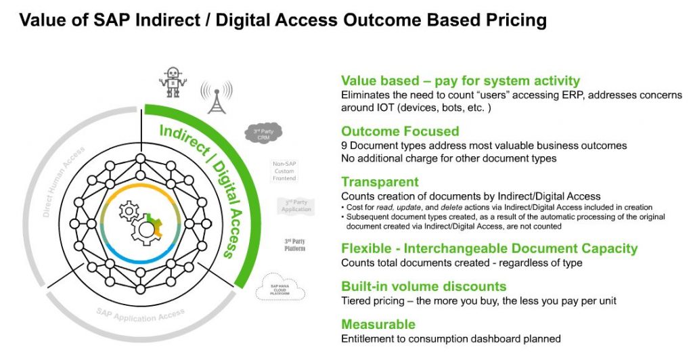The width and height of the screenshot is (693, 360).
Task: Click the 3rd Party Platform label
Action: (x=294, y=245)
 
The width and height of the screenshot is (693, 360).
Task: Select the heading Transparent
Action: (x=380, y=181)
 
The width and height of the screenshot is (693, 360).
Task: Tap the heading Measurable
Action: (x=378, y=324)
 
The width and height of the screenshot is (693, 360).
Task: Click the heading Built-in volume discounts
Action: (x=424, y=286)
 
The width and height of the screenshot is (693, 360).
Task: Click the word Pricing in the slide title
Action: (x=512, y=20)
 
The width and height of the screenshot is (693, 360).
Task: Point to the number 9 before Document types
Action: (x=344, y=145)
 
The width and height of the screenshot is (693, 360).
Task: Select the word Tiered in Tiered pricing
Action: (x=355, y=300)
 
